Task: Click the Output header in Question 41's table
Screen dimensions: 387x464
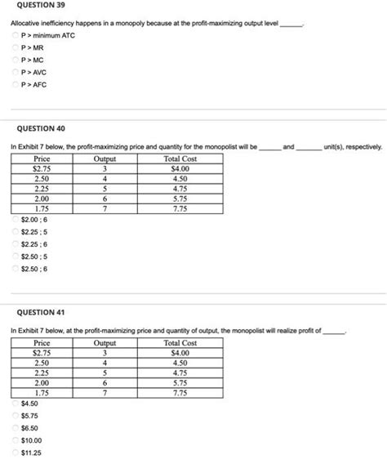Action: [x=105, y=343]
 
